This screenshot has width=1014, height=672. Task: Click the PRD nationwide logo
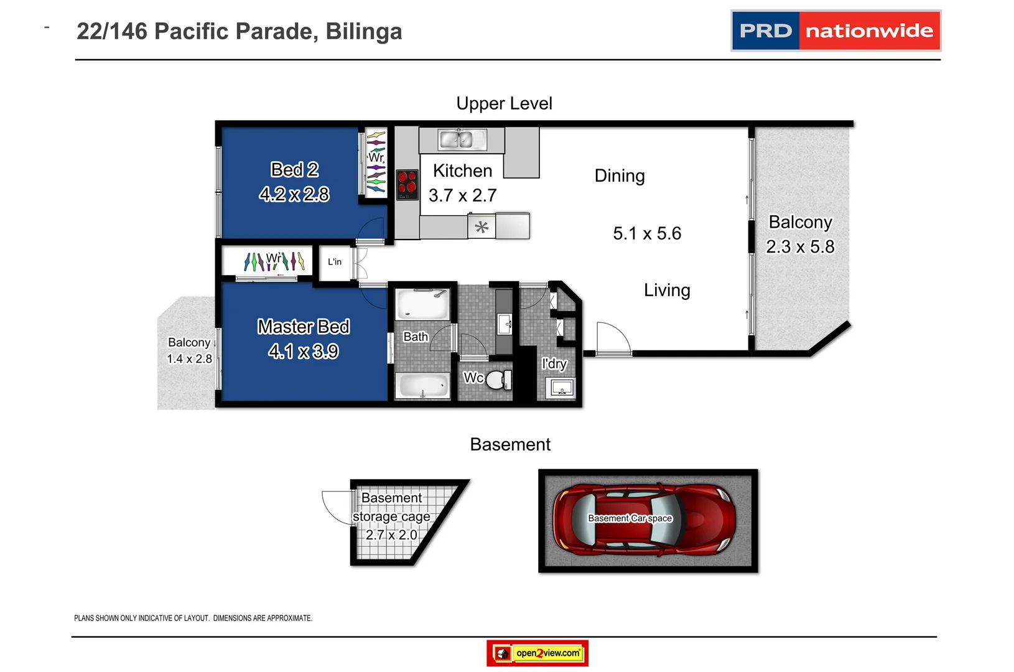pyautogui.click(x=835, y=30)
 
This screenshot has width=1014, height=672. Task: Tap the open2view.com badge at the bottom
pyautogui.click(x=537, y=653)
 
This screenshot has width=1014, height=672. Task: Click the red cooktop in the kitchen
pyautogui.click(x=407, y=184)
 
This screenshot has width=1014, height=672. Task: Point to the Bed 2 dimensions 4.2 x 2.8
pyautogui.click(x=294, y=194)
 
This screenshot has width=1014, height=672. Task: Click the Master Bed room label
pyautogui.click(x=304, y=327)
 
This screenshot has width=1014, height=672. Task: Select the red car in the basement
pyautogui.click(x=644, y=520)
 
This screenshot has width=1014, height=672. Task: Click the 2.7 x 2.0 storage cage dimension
pyautogui.click(x=391, y=534)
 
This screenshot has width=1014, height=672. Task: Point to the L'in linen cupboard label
pyautogui.click(x=335, y=262)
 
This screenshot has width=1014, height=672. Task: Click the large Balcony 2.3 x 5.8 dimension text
pyautogui.click(x=800, y=247)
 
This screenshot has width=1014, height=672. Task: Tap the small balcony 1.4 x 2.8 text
pyautogui.click(x=189, y=359)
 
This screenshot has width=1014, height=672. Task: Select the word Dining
pyautogui.click(x=620, y=176)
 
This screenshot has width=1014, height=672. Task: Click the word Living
pyautogui.click(x=667, y=291)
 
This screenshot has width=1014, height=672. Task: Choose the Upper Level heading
pyautogui.click(x=504, y=103)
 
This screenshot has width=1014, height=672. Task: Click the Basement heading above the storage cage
pyautogui.click(x=510, y=444)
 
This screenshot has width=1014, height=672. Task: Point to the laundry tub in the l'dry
pyautogui.click(x=561, y=389)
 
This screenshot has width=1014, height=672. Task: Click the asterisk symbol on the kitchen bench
pyautogui.click(x=481, y=227)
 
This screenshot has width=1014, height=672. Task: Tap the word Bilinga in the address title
pyautogui.click(x=364, y=32)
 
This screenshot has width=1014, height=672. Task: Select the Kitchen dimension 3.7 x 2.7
pyautogui.click(x=462, y=195)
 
